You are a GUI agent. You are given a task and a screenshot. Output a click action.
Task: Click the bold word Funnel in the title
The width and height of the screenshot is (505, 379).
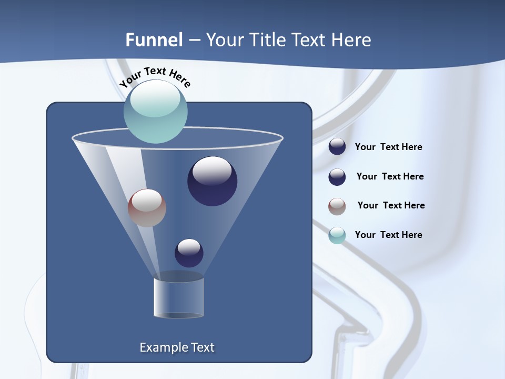[154, 40]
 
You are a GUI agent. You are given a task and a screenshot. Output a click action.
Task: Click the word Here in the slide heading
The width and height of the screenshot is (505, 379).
[351, 40]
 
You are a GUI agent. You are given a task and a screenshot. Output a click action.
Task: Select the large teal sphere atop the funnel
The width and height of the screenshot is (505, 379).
[156, 112]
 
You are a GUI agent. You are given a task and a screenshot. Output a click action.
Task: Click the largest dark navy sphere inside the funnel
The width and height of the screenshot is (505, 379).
[212, 182]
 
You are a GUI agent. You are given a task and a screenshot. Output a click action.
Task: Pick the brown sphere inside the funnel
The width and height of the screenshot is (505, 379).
[147, 208]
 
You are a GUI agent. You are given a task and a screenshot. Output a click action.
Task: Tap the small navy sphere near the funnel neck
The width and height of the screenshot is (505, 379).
[189, 253]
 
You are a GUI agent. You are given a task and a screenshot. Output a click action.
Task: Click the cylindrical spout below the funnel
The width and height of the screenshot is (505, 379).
[179, 298]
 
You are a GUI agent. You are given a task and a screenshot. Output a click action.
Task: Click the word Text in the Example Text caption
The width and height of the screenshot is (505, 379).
[202, 347]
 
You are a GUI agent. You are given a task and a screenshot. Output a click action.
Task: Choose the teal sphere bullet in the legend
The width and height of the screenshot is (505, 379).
[337, 235]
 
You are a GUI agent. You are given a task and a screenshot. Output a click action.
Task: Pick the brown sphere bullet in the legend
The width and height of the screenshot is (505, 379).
[337, 206]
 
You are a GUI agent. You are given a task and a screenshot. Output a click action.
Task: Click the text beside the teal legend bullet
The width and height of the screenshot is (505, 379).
[388, 235]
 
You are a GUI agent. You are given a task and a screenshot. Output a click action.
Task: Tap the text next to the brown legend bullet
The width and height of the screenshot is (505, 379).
[391, 205]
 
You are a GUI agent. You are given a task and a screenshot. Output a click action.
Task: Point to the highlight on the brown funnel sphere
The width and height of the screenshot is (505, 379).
[147, 200]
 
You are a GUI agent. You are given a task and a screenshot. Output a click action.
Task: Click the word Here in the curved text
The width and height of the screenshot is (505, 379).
[179, 79]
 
